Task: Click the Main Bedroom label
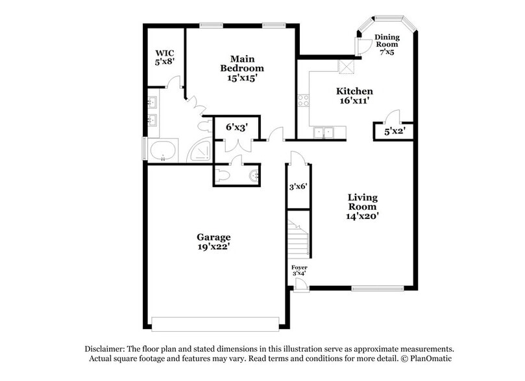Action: (241, 68)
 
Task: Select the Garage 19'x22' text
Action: (214, 242)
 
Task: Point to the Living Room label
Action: (362, 207)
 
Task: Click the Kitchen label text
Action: (354, 96)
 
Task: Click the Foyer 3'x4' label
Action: (299, 270)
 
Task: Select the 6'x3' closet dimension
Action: (238, 127)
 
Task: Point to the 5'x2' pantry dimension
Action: (395, 132)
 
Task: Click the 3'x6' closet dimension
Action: (298, 187)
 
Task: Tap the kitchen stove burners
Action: (303, 100)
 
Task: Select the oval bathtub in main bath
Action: (162, 150)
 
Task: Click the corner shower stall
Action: (201, 152)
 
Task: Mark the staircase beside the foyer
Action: (299, 239)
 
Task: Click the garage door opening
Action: (215, 323)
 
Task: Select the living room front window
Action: (377, 288)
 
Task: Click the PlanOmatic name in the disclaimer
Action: (428, 358)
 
